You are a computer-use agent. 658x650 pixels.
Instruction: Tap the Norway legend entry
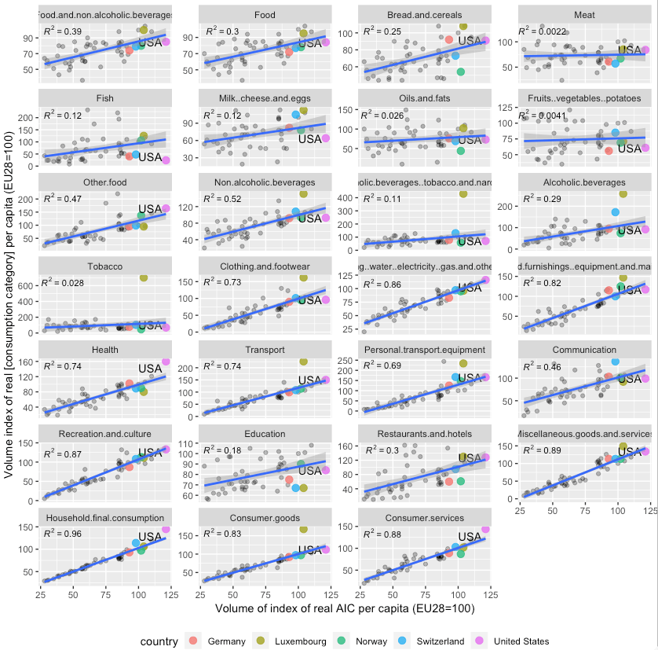point(370,641)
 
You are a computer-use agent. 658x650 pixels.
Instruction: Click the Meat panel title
point(584,15)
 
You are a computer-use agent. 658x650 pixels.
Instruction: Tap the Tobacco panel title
point(104,266)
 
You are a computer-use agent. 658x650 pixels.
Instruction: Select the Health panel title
point(104,350)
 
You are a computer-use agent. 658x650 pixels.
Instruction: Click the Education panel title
point(265,434)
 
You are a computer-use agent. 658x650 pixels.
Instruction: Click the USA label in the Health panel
point(150,368)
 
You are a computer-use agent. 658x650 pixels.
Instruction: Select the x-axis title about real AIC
point(345,608)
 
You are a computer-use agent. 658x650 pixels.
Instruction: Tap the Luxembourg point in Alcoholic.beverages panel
point(623,193)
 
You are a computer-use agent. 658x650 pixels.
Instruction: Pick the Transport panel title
point(265,350)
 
